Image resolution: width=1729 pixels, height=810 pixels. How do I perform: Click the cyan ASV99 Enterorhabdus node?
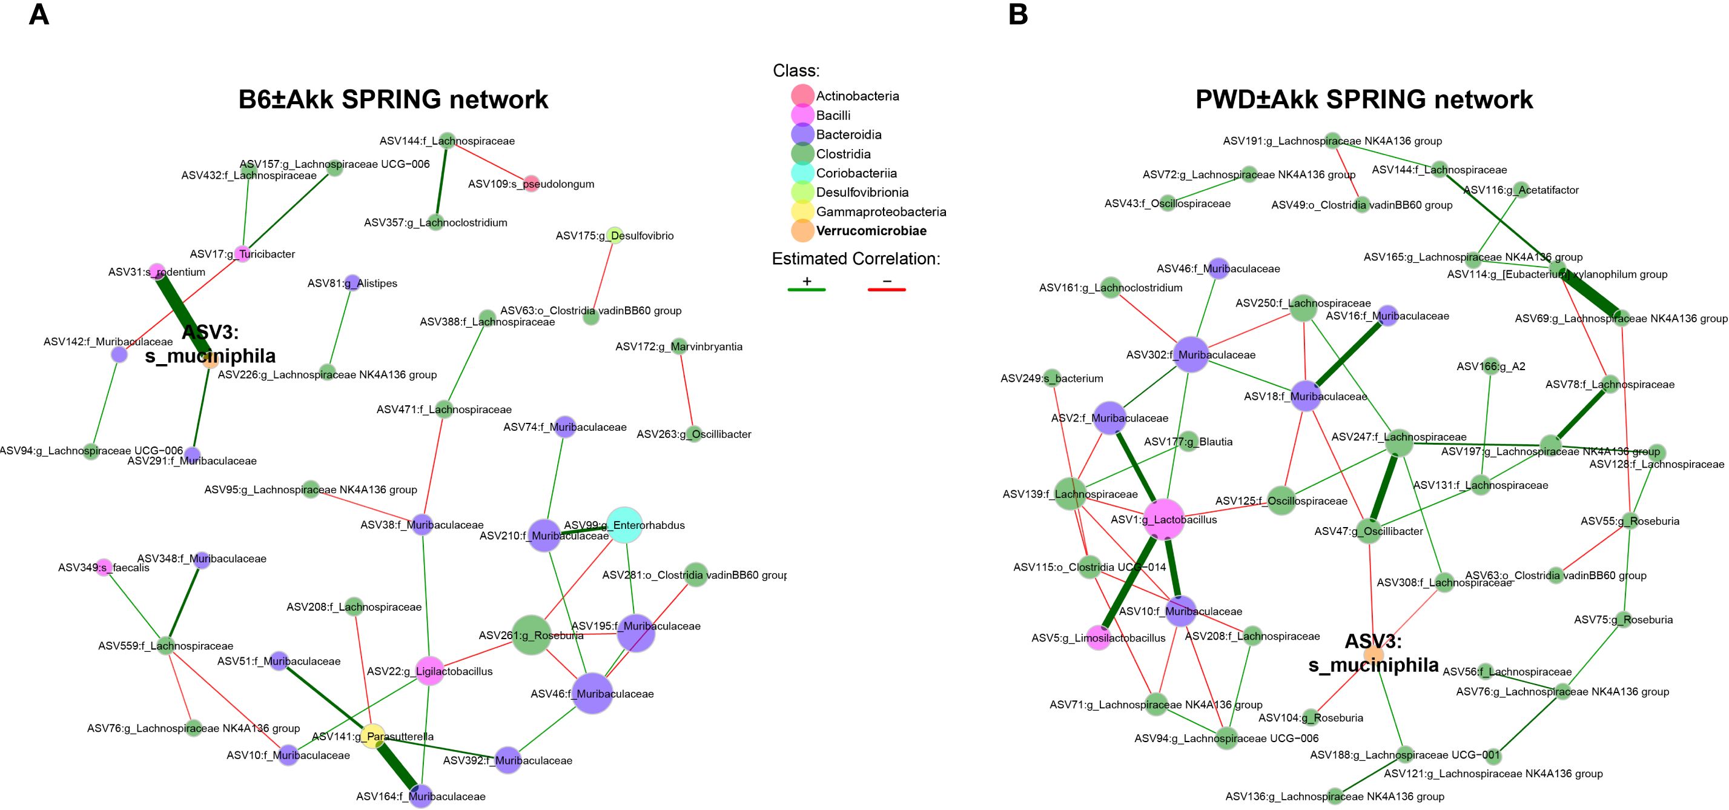point(624,525)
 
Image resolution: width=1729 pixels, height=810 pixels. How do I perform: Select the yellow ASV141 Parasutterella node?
point(372,736)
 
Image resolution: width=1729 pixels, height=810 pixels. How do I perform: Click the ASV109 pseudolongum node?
point(531,184)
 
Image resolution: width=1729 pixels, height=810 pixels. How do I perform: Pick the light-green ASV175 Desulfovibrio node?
point(614,235)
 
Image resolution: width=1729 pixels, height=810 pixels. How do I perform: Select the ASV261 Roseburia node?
point(532,635)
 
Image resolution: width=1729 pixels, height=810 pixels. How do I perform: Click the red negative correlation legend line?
point(887,290)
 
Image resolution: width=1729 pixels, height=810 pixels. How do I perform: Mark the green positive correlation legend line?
point(806,290)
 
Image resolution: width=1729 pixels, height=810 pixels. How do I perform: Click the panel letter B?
point(1017,14)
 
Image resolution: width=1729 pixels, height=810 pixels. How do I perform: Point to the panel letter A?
point(38,14)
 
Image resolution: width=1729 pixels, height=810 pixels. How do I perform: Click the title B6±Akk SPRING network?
point(393,99)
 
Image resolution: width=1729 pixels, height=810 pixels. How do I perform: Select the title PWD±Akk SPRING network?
point(1364,99)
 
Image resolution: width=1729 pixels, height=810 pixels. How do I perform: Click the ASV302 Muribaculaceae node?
point(1191,354)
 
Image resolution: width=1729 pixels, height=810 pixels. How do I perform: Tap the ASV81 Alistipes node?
point(351,284)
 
